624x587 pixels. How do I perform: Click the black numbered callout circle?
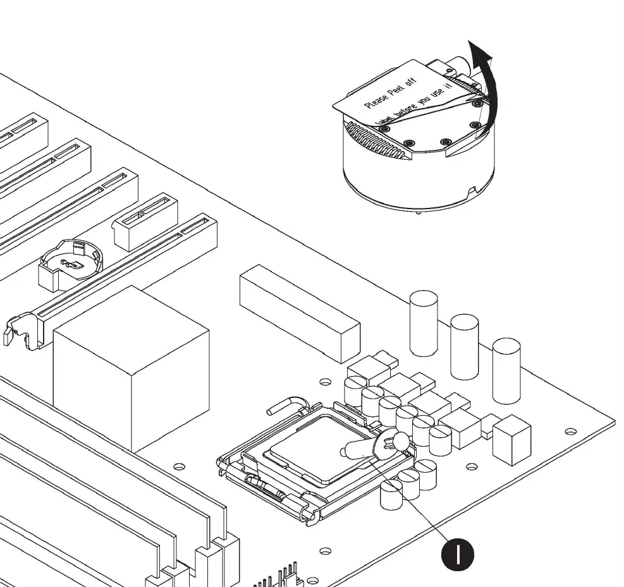456,554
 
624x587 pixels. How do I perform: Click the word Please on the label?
377,96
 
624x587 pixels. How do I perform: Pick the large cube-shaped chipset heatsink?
131,366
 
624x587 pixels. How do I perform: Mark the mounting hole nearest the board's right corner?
570,432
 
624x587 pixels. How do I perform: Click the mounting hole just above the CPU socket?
325,382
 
